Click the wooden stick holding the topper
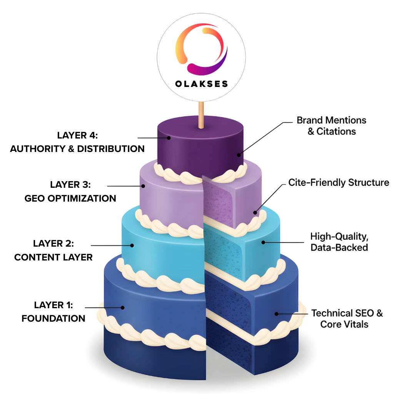point(200,115)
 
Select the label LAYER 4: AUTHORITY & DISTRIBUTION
point(77,142)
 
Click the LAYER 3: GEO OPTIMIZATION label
point(70,192)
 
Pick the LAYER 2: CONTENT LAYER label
point(53,250)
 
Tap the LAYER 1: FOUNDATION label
point(53,312)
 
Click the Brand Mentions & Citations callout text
point(331,126)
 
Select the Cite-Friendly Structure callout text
point(339,182)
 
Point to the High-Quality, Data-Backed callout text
point(339,241)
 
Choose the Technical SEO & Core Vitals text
point(347,318)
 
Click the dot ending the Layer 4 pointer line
point(168,137)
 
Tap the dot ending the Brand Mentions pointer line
point(239,155)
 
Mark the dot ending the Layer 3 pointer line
point(143,186)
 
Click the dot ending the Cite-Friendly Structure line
point(255,212)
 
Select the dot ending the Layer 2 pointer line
point(132,245)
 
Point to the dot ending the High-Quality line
point(263,242)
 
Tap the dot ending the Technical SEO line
point(276,314)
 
